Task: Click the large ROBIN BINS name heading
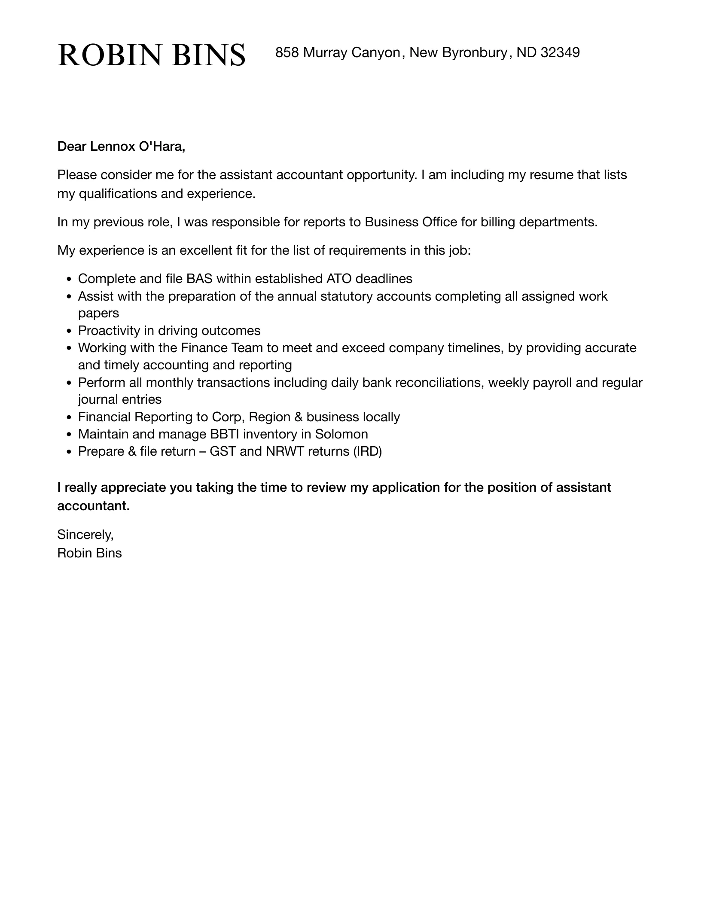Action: click(151, 55)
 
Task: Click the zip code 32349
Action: click(560, 52)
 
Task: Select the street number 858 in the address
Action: click(286, 52)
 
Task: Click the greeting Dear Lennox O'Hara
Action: click(121, 146)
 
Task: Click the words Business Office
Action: click(411, 222)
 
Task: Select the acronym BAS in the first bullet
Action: click(199, 279)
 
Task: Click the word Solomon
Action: click(341, 434)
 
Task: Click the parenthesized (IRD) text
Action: click(367, 451)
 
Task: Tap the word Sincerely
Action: click(85, 534)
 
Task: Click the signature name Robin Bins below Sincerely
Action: click(89, 553)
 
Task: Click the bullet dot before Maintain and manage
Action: click(69, 435)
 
